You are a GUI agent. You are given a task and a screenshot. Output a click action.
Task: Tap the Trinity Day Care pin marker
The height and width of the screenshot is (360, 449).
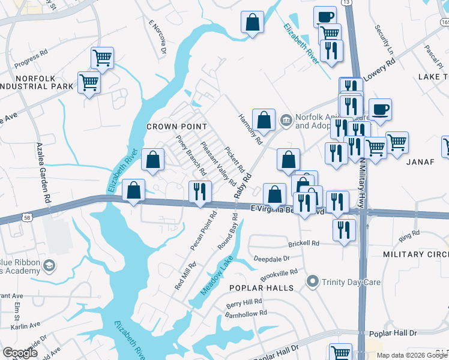tap(312, 281)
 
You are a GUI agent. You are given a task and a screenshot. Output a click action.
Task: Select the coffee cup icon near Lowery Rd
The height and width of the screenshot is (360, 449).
tap(379, 110)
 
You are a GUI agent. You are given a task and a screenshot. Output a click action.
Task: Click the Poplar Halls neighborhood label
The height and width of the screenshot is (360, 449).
tap(255, 288)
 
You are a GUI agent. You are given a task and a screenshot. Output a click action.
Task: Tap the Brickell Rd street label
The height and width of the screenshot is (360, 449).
tap(304, 244)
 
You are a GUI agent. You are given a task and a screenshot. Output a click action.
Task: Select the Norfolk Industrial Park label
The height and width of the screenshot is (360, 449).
tap(37, 83)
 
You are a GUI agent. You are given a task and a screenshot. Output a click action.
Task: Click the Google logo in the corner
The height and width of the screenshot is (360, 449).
tap(20, 353)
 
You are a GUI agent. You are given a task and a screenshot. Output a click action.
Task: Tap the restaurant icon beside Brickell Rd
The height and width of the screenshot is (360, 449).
tap(344, 230)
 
